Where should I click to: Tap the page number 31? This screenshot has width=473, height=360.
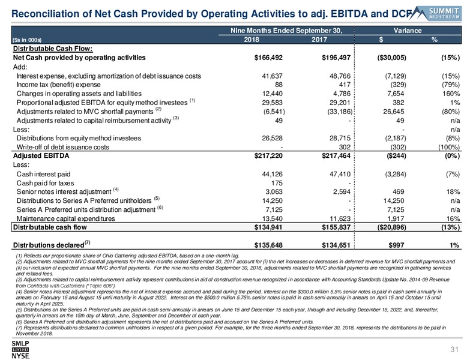point(454,349)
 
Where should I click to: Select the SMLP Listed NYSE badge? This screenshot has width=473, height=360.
point(20,350)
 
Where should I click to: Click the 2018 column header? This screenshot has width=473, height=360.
point(252,40)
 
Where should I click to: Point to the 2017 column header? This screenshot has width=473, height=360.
point(319,40)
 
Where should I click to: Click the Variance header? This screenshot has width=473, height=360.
point(408,31)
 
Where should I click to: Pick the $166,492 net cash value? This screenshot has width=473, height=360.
point(268,58)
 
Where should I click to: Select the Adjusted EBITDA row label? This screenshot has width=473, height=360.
point(41,155)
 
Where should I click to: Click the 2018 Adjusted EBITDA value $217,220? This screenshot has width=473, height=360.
point(268,155)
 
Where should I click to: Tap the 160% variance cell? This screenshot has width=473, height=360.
point(451,94)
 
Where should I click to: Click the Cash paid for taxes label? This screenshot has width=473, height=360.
point(45,183)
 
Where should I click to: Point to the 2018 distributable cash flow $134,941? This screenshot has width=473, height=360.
point(268,227)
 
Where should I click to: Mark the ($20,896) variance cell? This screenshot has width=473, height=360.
point(391,227)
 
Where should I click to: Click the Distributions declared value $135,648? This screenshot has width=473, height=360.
point(268,245)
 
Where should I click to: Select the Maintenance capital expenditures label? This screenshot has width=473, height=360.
point(66,218)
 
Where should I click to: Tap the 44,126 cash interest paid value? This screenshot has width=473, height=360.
point(272,174)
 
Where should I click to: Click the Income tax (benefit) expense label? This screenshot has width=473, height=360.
point(58,85)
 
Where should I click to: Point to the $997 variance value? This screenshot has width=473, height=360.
point(396,245)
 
